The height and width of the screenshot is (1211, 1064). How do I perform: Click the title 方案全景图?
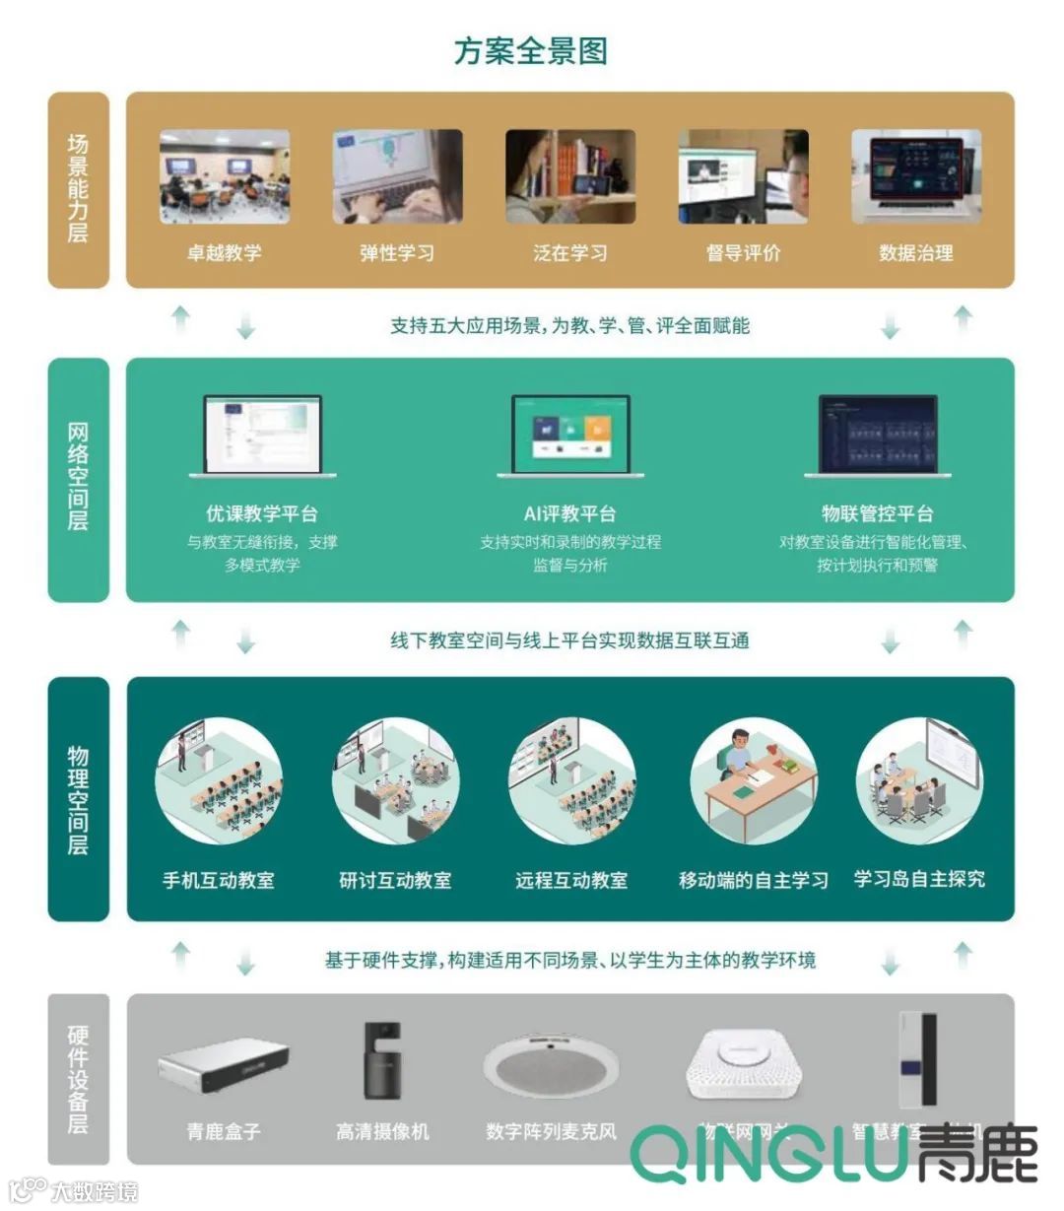coord(531,51)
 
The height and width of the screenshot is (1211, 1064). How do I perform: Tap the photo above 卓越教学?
coord(225,176)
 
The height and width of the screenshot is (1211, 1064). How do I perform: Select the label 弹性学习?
coord(397,253)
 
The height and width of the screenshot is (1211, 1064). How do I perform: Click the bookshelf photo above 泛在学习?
coord(570,176)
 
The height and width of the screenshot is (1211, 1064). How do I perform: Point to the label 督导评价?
coord(743,253)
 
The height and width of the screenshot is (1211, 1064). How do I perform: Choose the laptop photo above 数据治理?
coord(916,176)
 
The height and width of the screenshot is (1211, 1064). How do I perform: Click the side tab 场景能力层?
coord(78,189)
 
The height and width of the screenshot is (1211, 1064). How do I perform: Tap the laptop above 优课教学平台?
coord(262,437)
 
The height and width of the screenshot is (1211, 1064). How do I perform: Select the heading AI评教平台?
coord(570,513)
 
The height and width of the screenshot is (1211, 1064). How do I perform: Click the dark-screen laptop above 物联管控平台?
coord(878,437)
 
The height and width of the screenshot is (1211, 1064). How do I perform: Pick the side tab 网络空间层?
coord(78,478)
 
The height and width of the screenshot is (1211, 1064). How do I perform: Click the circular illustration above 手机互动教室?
coord(219,780)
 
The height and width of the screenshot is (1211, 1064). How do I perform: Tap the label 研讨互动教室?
coord(395,880)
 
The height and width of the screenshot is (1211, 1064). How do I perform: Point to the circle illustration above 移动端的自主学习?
coord(754,780)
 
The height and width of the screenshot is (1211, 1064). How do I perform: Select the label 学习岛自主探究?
coord(919,879)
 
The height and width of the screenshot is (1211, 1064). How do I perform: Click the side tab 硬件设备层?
coord(78,1079)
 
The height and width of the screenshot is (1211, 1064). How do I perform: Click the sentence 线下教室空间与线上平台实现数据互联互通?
coord(569,640)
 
